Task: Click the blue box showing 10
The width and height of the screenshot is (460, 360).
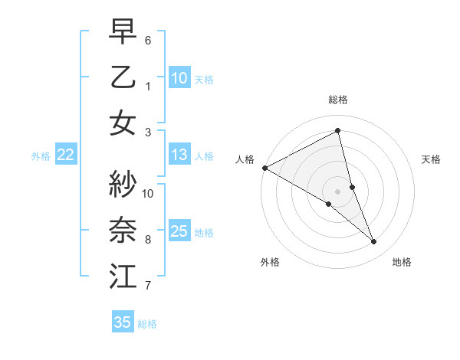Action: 179,77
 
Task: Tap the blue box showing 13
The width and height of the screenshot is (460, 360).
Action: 179,155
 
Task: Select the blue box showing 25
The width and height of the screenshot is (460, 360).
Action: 179,231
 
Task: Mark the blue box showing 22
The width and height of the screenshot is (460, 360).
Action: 66,155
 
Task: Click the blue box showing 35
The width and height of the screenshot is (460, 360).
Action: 123,322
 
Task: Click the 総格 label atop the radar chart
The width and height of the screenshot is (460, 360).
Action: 337,100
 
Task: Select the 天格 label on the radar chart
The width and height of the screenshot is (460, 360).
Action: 432,159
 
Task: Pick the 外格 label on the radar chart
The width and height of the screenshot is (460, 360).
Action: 270,262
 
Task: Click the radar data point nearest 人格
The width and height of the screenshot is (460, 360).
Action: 264,167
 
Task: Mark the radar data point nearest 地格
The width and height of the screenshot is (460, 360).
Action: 374,242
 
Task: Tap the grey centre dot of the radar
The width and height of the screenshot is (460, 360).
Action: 337,191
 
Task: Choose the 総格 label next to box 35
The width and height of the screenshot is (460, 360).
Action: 147,323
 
